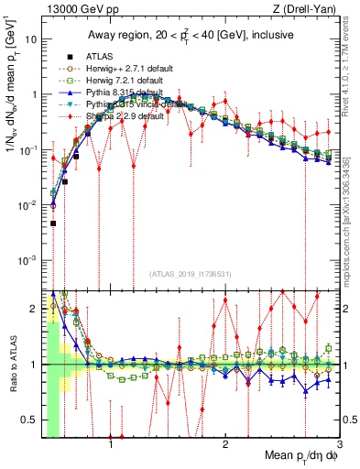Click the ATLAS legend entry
[x=98, y=56]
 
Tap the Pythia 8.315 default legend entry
[x=122, y=93]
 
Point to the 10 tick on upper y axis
[x=32, y=40]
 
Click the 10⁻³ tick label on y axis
[x=28, y=260]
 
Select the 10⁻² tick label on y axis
[x=28, y=205]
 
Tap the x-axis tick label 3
[x=339, y=444]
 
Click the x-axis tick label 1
[x=111, y=444]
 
